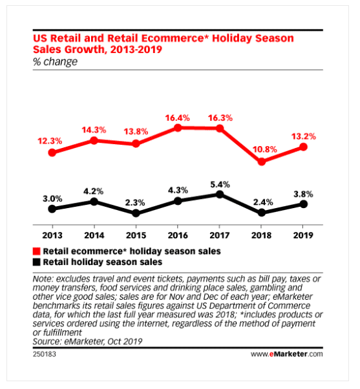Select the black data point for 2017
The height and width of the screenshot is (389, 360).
coord(220,194)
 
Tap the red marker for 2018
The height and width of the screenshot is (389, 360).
coord(262,162)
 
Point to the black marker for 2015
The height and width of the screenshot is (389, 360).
coord(136,213)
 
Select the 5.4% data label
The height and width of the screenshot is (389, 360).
coord(220,182)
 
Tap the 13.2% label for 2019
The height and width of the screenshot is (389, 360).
coord(304,136)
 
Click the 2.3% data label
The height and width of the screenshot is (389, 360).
coord(136,200)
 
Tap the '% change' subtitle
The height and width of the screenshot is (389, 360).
coord(54,62)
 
